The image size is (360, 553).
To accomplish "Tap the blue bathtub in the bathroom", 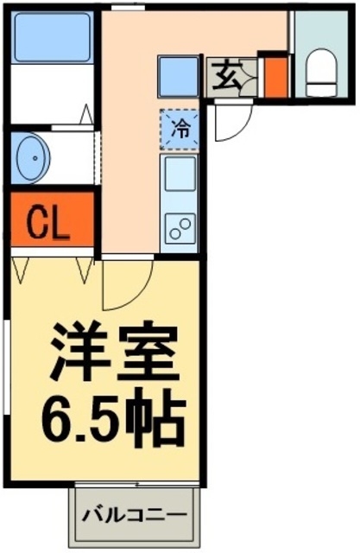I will tap(52, 37).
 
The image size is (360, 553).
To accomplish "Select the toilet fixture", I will tap(321, 68).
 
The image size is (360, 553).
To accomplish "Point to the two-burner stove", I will tap(181, 227).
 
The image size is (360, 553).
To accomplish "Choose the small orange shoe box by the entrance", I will tap(275, 76).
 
